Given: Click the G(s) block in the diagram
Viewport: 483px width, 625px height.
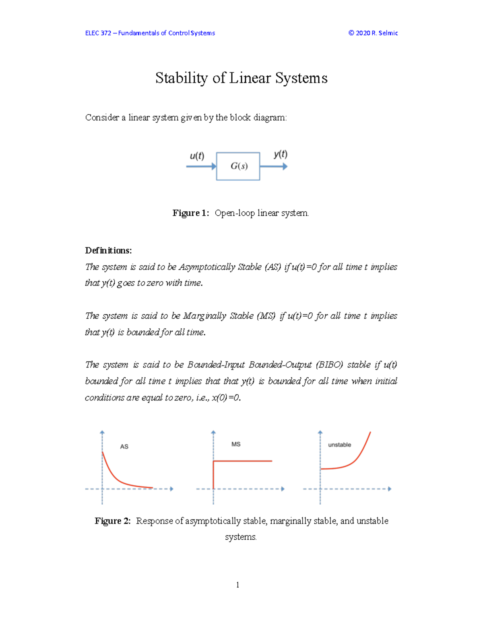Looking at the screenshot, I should [238, 166].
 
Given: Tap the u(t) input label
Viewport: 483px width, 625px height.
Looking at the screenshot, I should [197, 156].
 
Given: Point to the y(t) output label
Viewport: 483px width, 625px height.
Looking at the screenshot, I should [281, 154].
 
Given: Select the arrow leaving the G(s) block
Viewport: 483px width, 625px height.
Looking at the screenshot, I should [274, 166].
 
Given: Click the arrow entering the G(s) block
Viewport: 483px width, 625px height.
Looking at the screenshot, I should [201, 166].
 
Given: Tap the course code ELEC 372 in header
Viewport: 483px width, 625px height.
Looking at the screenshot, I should [98, 33].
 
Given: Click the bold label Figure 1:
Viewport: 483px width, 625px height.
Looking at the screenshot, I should [191, 213].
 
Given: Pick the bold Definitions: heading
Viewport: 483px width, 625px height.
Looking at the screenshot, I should [108, 250].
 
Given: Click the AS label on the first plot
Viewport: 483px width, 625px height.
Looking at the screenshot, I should [124, 446].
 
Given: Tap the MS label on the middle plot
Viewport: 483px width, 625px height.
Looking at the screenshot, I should [236, 444].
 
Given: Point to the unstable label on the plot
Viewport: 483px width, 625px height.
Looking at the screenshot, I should [339, 445].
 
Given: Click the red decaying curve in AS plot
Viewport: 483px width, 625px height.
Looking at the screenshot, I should [117, 477].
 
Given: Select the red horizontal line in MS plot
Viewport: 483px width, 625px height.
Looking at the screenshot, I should [246, 461].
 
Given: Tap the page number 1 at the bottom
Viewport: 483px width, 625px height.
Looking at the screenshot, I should [237, 585].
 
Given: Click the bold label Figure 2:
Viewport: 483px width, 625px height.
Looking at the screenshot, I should [113, 521].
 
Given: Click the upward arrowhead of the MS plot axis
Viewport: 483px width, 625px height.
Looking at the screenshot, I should [213, 432].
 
